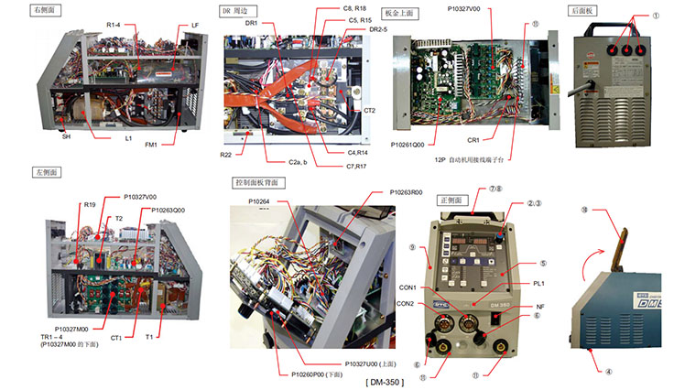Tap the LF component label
[196, 26]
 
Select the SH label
[66, 136]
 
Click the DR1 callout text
[253, 23]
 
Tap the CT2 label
[369, 110]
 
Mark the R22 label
[226, 156]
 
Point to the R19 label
[90, 205]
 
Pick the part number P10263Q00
[168, 210]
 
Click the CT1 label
[116, 338]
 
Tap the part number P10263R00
[406, 193]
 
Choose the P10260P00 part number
[317, 374]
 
